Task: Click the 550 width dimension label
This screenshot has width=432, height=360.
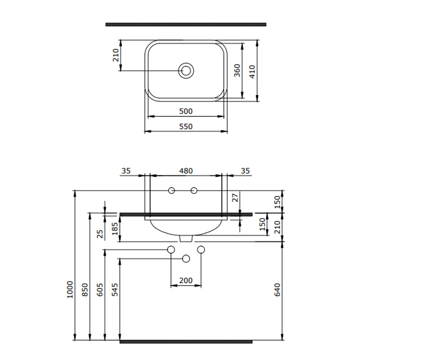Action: point(186,126)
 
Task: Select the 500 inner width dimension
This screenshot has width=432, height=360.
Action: point(186,111)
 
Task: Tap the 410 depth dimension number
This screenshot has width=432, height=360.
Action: point(252,72)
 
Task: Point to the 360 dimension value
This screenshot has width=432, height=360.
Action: point(237,71)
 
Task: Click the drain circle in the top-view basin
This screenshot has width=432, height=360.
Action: point(186,63)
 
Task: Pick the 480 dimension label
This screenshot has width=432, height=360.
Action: point(186,171)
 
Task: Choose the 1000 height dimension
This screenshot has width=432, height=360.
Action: point(70,290)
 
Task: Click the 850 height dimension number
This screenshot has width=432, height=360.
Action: point(85,290)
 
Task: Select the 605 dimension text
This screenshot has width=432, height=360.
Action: point(100,290)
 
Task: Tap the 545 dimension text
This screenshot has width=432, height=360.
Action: point(115,290)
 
